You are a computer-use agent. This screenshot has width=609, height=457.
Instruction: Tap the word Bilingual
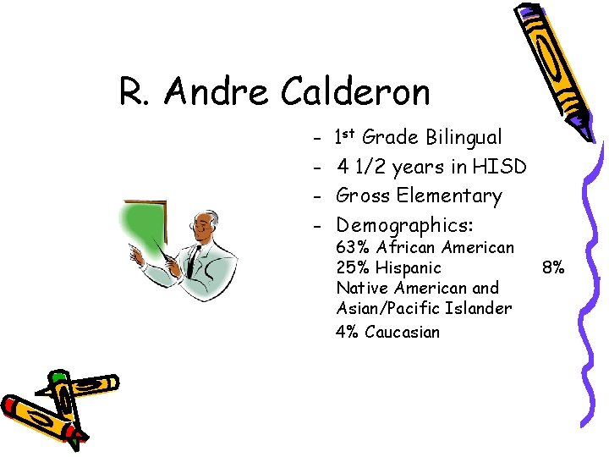pyautogui.click(x=464, y=137)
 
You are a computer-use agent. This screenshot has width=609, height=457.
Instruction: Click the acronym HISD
pyautogui.click(x=501, y=167)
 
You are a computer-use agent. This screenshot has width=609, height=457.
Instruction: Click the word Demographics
pyautogui.click(x=404, y=225)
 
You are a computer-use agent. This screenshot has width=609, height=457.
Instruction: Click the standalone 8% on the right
pyautogui.click(x=554, y=267)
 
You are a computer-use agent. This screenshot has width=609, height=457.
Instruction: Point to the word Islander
pyautogui.click(x=480, y=308)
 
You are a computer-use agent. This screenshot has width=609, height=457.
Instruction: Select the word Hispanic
pyautogui.click(x=409, y=267)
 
